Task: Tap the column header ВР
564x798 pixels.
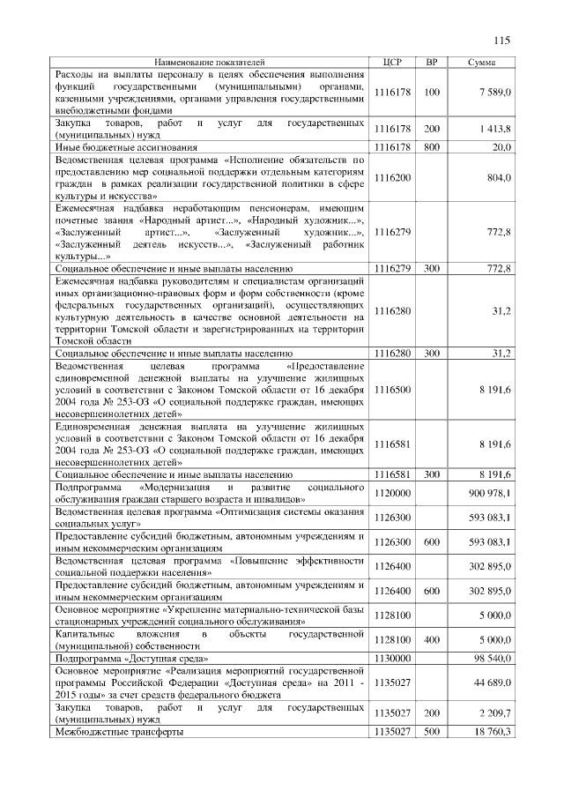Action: (x=431, y=63)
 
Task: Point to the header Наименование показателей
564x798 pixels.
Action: (x=209, y=63)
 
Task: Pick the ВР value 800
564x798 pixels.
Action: (x=431, y=147)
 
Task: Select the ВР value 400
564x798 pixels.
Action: (x=431, y=638)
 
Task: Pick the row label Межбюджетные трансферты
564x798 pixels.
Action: (x=120, y=732)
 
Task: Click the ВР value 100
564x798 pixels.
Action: (x=431, y=92)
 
